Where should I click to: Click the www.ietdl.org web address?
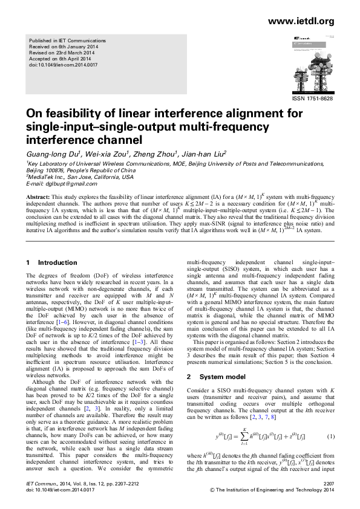pos(300,22)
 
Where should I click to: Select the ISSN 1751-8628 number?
pos(313,97)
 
